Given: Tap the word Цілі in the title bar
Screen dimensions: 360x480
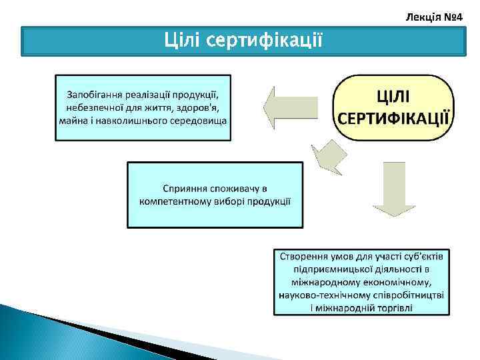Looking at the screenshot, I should pyautogui.click(x=183, y=41).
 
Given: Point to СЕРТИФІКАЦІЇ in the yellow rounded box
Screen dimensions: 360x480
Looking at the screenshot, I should pyautogui.click(x=393, y=119).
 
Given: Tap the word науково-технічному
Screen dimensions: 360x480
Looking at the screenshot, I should pyautogui.click(x=323, y=295).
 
